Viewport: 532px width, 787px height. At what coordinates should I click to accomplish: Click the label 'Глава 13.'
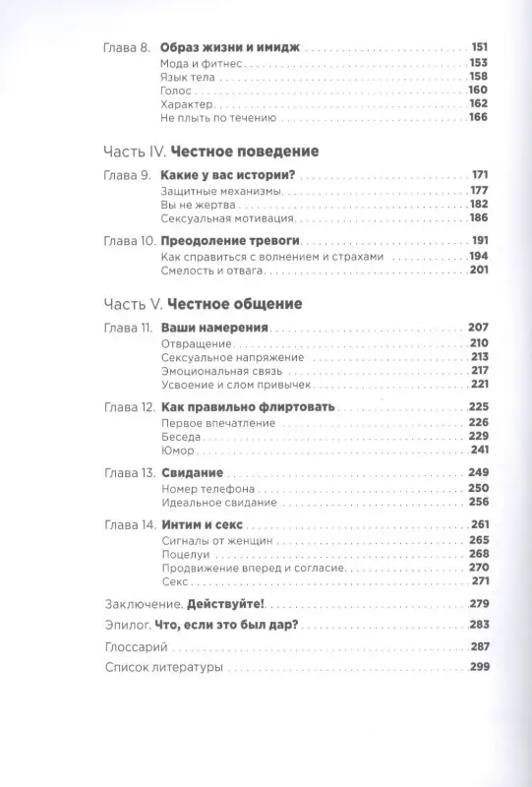[x=127, y=473]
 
